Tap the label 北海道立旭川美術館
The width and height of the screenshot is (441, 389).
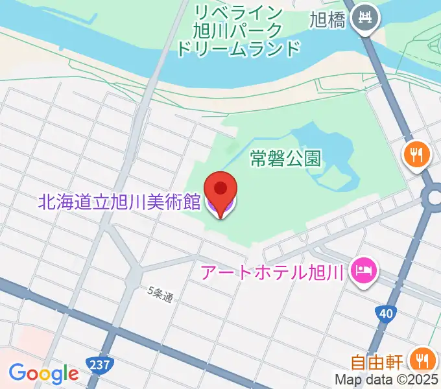click(x=119, y=202)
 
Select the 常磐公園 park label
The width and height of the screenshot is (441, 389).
click(x=286, y=158)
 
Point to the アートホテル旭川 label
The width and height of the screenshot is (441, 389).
click(x=271, y=272)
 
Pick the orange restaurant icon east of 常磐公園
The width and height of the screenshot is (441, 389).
click(x=415, y=154)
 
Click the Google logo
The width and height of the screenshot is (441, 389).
click(x=43, y=373)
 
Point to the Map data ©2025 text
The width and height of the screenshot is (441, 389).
click(x=387, y=379)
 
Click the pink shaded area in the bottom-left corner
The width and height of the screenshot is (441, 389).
click(x=19, y=344)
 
